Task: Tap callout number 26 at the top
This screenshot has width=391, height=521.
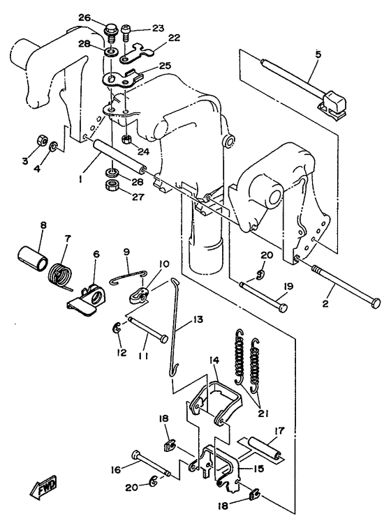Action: tap(85, 17)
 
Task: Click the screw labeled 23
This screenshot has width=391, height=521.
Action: tap(126, 33)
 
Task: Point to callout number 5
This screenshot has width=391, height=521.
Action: tap(318, 54)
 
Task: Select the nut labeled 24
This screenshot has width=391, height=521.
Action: tap(128, 139)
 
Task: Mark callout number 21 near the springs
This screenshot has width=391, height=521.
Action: tap(263, 414)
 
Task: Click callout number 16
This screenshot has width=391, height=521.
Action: tap(117, 470)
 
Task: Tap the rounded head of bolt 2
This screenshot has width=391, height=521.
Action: tap(376, 302)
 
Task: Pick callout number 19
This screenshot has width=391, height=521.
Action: tap(288, 287)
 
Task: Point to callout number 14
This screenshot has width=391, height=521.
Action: tap(214, 360)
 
